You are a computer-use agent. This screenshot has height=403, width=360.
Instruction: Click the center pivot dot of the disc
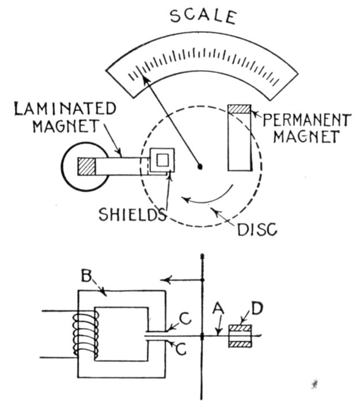click(200, 167)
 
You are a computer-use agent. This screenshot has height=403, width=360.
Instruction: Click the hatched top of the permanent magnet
click(240, 109)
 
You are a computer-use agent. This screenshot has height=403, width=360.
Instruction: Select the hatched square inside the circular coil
click(86, 166)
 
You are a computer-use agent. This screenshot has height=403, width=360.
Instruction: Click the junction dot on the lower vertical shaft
click(204, 335)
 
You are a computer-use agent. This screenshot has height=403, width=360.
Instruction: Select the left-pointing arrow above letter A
click(183, 280)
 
